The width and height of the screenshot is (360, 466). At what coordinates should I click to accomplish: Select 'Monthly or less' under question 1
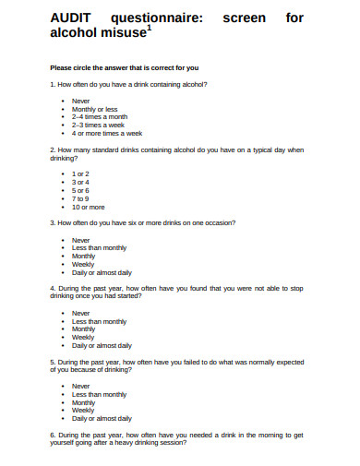coord(95,109)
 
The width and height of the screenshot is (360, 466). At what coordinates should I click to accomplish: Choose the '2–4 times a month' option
coord(100,117)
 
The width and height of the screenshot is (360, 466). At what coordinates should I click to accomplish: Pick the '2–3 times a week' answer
coord(98,125)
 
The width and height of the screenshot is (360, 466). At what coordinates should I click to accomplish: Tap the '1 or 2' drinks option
coord(81,173)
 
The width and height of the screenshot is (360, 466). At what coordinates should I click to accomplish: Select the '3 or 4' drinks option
coord(81,182)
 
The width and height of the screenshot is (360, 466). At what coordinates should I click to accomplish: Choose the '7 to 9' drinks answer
coord(81,198)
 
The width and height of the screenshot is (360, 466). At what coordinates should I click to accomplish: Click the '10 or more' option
coord(89,207)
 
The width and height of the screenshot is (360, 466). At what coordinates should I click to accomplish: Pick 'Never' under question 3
coord(81,240)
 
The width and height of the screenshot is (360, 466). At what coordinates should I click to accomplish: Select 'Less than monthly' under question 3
coord(99,248)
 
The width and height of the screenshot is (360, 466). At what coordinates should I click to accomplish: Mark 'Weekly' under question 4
coord(83,337)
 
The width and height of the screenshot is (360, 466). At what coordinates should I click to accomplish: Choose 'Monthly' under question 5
coord(83,402)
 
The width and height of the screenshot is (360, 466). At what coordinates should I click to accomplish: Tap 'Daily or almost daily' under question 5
coord(102,418)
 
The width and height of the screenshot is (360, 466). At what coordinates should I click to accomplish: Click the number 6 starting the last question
coord(51,434)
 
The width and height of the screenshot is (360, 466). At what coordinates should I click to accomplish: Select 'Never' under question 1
coord(81,101)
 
